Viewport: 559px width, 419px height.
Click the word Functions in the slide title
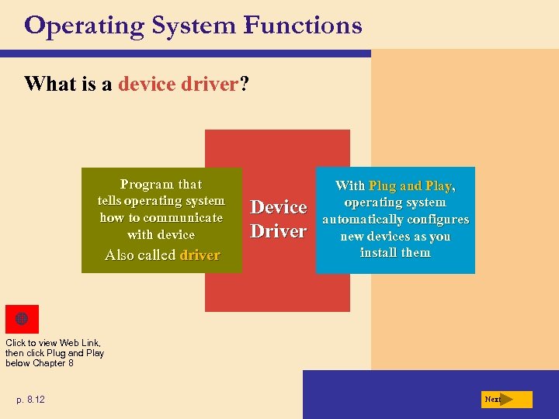[302, 26]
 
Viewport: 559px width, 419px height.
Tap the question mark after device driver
[245, 83]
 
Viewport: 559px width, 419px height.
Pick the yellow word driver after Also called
[200, 255]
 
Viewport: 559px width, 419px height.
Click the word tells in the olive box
[109, 201]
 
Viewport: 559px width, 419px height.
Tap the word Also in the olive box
[120, 255]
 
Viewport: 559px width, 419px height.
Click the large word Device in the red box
[279, 207]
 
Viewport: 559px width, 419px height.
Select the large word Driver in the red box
[279, 231]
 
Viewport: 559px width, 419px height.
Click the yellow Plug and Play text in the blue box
[410, 185]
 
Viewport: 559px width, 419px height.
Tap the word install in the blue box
[377, 253]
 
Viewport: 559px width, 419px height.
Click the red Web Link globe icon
[22, 319]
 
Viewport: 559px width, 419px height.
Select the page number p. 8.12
[30, 400]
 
